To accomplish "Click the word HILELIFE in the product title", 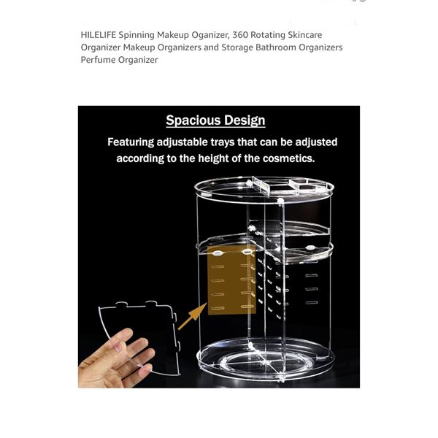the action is pyautogui.click(x=99, y=35).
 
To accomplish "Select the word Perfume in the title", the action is pyautogui.click(x=98, y=60).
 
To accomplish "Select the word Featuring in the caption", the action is pyautogui.click(x=131, y=142).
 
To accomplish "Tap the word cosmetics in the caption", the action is pyautogui.click(x=288, y=158).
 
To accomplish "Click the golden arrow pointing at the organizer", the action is pyautogui.click(x=193, y=316).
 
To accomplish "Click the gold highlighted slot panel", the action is pyautogui.click(x=231, y=280).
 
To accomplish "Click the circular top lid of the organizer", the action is pyautogui.click(x=264, y=190).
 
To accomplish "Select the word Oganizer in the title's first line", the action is pyautogui.click(x=210, y=35).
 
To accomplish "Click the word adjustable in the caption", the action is pyautogui.click(x=182, y=142).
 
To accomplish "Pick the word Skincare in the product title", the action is pyautogui.click(x=304, y=35).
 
